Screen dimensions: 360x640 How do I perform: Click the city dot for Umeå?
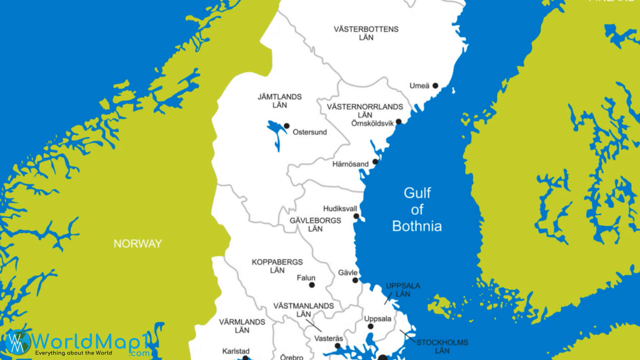click(435, 86)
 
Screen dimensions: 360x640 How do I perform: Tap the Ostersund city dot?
click(286, 126)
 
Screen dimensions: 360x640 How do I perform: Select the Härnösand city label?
click(350, 164)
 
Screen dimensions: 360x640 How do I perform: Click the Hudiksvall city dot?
click(356, 216)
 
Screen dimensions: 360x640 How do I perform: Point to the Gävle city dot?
click(355, 280)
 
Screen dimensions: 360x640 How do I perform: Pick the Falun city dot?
click(312, 285)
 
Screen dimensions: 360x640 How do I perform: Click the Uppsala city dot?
click(370, 327)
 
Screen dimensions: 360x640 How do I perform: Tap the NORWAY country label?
click(138, 244)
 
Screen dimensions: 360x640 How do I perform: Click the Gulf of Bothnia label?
click(417, 210)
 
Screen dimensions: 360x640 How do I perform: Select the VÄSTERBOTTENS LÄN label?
click(366, 33)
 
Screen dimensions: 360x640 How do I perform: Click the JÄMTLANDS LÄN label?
click(279, 101)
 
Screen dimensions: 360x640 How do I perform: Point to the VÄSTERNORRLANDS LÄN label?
click(365, 111)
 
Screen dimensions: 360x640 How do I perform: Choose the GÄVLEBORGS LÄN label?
click(315, 225)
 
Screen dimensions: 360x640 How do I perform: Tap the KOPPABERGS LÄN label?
click(277, 266)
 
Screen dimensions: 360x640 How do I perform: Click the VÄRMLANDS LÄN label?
click(242, 326)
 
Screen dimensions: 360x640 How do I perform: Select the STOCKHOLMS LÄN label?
click(442, 346)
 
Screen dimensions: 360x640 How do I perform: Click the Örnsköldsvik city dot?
click(398, 122)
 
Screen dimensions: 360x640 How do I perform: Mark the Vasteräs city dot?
click(337, 346)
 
